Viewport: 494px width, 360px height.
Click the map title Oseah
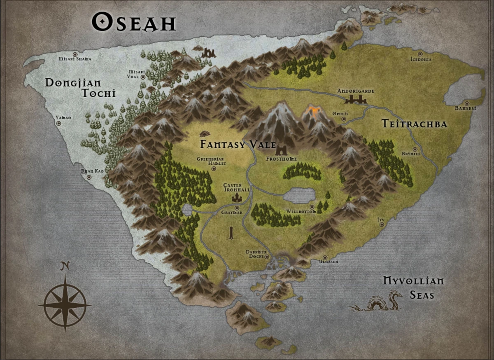134,22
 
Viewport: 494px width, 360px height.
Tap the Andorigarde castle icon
355,99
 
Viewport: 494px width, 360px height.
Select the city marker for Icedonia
420,54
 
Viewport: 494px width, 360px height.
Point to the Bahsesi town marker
467,103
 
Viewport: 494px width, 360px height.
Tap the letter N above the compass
64,266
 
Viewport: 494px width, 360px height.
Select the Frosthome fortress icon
282,150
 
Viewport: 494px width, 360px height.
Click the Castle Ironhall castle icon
237,197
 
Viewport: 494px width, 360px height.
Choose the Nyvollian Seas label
413,288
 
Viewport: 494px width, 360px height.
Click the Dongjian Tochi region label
80,88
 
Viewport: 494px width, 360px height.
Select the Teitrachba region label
414,124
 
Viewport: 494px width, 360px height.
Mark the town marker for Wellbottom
312,207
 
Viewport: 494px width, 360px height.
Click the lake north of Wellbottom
299,195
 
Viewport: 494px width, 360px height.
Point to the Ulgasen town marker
325,257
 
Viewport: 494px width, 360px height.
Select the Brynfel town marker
415,149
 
